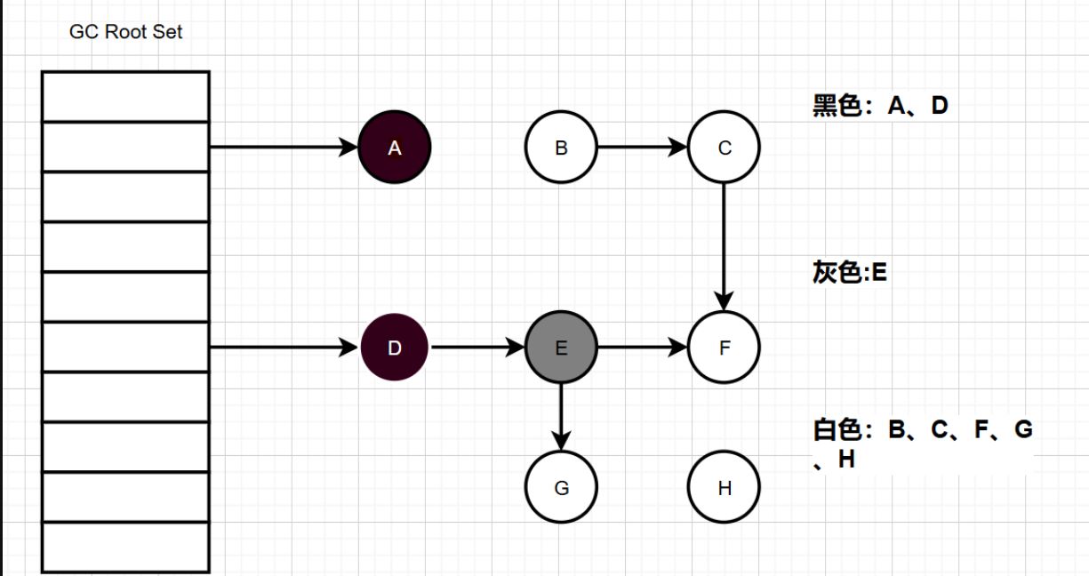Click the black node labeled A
coord(395,147)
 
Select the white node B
coord(561,147)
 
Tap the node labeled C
coord(724,147)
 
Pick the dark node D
coord(395,347)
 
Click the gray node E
coord(561,347)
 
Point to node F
coord(724,347)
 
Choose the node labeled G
coord(561,487)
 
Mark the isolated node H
coord(724,487)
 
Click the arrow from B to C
coord(642,147)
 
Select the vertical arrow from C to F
coord(724,247)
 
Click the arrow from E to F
coord(642,347)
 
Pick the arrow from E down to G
coord(561,417)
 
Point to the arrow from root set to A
coord(284,147)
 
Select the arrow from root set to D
coord(284,347)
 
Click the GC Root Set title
coord(125,32)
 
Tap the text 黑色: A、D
coord(880,105)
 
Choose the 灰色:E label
coord(850,272)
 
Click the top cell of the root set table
coord(125,97)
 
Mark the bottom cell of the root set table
coord(125,548)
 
